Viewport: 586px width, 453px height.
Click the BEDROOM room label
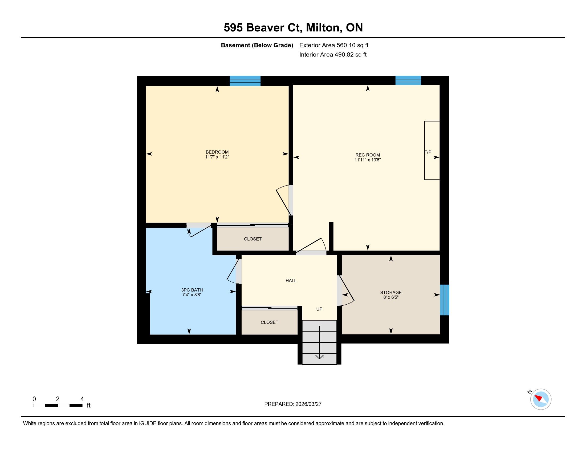click(x=217, y=152)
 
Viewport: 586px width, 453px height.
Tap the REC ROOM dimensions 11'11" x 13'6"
click(x=368, y=160)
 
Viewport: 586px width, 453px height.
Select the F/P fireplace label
click(x=428, y=152)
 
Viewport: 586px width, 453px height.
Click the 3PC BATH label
click(x=192, y=290)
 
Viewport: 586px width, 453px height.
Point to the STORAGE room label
click(x=391, y=293)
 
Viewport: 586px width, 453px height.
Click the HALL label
click(x=291, y=281)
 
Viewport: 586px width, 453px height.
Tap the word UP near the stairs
click(x=319, y=309)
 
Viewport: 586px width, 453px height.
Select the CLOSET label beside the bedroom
click(x=253, y=239)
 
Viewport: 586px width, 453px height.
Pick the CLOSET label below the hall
click(x=269, y=322)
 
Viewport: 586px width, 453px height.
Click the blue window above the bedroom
click(x=245, y=81)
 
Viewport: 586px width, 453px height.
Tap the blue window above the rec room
click(x=408, y=80)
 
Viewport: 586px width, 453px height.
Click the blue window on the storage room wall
click(x=445, y=300)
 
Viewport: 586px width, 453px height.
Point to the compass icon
click(x=541, y=399)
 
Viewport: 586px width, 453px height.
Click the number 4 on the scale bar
click(x=82, y=399)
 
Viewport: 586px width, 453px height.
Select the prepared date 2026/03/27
click(x=308, y=404)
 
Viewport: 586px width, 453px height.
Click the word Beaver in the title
click(x=265, y=28)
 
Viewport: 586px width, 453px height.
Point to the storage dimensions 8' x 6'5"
click(x=391, y=297)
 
